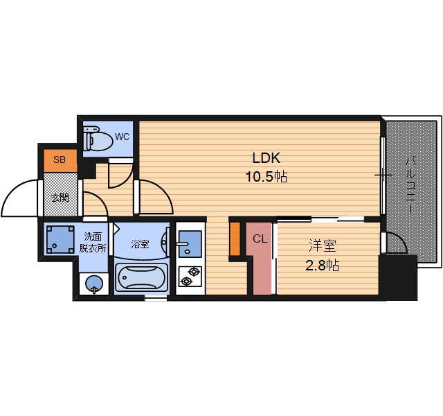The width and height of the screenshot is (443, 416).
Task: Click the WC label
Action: [x=122, y=137]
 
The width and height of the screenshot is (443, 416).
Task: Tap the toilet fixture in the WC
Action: [x=98, y=139]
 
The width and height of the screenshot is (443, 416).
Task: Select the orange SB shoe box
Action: [x=60, y=160]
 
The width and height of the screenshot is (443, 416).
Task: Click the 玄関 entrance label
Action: [x=60, y=197]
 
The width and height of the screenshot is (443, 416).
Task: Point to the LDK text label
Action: [x=266, y=158]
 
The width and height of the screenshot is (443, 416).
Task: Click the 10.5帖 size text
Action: [x=266, y=177]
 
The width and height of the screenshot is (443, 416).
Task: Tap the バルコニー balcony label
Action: [x=409, y=185]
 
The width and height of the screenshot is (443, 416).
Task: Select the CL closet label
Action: [x=260, y=239]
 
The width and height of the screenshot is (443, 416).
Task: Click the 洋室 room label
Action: [x=323, y=245]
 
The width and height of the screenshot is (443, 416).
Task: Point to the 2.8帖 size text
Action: [x=322, y=266]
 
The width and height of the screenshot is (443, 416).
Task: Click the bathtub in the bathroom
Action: [x=141, y=278]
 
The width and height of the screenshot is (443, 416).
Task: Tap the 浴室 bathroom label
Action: [x=140, y=244]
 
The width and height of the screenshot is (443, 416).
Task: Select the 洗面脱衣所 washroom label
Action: [x=93, y=242]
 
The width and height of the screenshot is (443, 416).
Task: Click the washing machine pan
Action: [x=60, y=239]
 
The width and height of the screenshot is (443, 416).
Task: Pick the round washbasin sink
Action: [x=94, y=284]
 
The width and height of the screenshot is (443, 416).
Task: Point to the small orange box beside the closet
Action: [x=235, y=239]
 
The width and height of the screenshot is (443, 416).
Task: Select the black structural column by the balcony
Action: [x=398, y=277]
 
